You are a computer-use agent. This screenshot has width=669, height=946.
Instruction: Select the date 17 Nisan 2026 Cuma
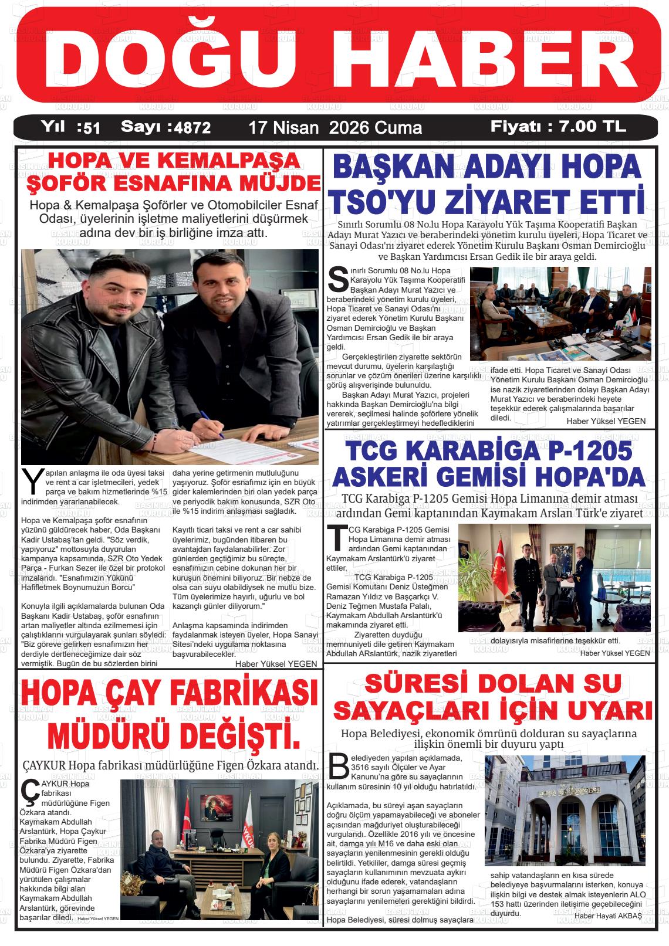(335, 127)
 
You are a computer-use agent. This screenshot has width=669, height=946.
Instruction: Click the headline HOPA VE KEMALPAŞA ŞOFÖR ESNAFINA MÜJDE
(170, 172)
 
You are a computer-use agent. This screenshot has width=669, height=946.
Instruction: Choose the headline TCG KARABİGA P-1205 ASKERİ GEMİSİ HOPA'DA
(488, 464)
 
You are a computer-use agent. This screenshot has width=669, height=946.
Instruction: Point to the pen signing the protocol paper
(212, 423)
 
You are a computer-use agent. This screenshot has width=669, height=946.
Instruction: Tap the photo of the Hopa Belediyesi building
(565, 811)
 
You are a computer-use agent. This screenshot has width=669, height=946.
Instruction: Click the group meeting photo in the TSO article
(560, 314)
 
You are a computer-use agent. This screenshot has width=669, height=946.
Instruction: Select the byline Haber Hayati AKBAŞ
(608, 916)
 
